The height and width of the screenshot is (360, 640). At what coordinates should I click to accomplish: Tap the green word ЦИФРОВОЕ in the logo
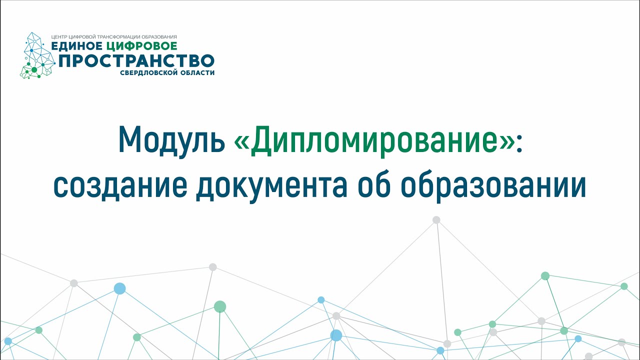pyautogui.click(x=141, y=46)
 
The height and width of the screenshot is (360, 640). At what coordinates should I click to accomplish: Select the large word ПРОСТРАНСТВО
pyautogui.click(x=136, y=60)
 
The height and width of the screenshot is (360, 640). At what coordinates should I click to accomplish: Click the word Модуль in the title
pyautogui.click(x=171, y=139)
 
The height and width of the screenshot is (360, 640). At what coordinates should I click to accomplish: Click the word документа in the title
pyautogui.click(x=271, y=186)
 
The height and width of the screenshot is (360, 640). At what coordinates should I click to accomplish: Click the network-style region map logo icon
pyautogui.click(x=37, y=55)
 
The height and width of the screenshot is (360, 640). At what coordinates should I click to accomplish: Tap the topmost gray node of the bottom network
pyautogui.click(x=436, y=219)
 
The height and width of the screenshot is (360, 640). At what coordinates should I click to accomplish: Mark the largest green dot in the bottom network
pyautogui.click(x=220, y=306)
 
